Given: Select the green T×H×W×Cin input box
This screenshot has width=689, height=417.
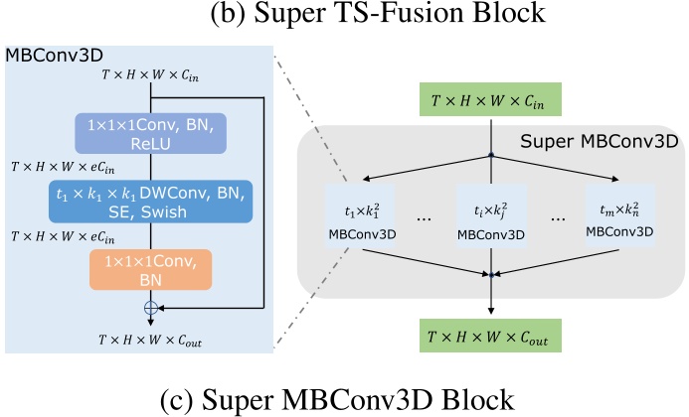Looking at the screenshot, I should click(x=490, y=101).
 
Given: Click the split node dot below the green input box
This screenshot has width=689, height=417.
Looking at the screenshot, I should click(x=490, y=154).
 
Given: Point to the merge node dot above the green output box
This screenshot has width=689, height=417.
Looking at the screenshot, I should click(x=490, y=273).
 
